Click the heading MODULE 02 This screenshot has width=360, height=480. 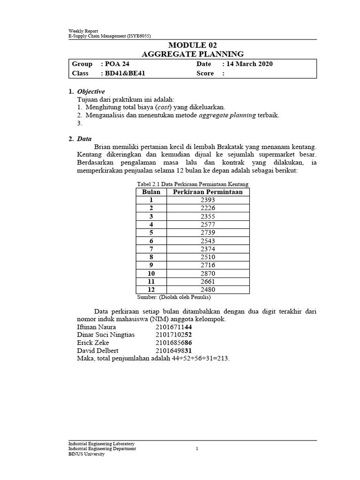(193, 45)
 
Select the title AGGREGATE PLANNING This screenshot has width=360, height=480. (193, 54)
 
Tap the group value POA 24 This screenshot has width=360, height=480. (116, 64)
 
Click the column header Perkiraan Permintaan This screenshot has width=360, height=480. (208, 192)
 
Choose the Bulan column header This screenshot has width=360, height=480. (151, 192)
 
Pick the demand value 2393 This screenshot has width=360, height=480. (208, 200)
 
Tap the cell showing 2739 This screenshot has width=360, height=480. (208, 232)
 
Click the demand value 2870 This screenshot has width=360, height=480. (208, 273)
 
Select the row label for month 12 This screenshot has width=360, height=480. (151, 290)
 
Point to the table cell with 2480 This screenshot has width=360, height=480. (208, 290)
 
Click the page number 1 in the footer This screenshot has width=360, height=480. (197, 449)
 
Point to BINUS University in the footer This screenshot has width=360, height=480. (87, 454)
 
